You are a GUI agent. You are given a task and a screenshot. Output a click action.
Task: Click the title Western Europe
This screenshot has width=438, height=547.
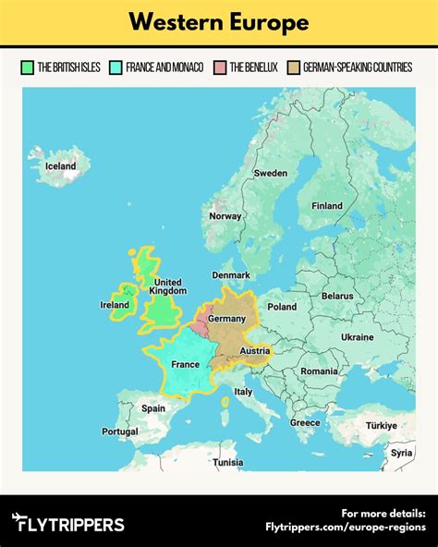(x=219, y=22)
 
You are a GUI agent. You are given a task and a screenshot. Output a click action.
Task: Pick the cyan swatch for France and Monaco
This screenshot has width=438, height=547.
(x=116, y=67)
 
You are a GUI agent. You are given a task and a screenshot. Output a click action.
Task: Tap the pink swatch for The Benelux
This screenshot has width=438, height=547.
(x=219, y=67)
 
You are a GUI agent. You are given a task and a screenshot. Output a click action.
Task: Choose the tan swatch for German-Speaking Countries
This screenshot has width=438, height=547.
(x=294, y=67)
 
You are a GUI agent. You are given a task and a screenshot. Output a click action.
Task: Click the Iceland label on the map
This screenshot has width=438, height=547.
(x=61, y=166)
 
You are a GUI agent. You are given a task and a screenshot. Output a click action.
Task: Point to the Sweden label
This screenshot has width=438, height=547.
(x=271, y=173)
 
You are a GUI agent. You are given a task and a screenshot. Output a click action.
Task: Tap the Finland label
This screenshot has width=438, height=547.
(x=326, y=206)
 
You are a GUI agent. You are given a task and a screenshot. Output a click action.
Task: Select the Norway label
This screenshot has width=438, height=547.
(x=225, y=216)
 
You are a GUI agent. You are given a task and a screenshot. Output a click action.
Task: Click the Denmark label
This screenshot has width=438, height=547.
(x=231, y=275)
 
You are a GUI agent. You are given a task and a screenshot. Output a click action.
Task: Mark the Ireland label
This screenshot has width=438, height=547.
(x=115, y=305)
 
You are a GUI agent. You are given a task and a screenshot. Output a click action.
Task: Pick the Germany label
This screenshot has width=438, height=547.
(x=227, y=319)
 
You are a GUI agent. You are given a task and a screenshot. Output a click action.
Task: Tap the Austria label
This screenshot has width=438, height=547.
(x=254, y=351)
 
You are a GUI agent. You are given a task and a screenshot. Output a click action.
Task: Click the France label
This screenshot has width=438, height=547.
(x=185, y=365)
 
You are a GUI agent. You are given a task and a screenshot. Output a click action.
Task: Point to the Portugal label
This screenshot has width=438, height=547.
(x=120, y=432)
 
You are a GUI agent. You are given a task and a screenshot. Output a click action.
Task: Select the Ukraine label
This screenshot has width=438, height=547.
(x=358, y=337)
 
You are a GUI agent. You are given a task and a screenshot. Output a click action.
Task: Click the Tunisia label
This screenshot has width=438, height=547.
(x=227, y=462)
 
